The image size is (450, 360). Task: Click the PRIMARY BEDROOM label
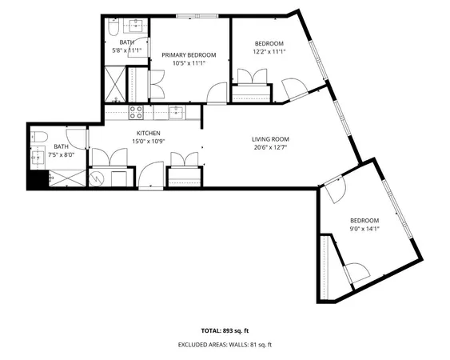(x=189, y=55)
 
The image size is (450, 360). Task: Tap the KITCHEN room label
(x=148, y=133)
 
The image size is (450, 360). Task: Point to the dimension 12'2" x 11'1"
(x=269, y=51)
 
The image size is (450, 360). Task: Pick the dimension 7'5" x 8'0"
(x=62, y=155)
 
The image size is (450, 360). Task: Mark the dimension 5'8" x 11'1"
(x=130, y=50)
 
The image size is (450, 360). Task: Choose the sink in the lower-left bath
(x=37, y=158)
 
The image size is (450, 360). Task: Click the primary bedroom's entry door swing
(x=216, y=93)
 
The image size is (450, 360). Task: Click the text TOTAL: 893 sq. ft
(x=225, y=330)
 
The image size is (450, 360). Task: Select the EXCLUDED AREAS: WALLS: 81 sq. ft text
(x=225, y=345)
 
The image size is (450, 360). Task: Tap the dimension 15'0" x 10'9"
(x=149, y=142)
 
